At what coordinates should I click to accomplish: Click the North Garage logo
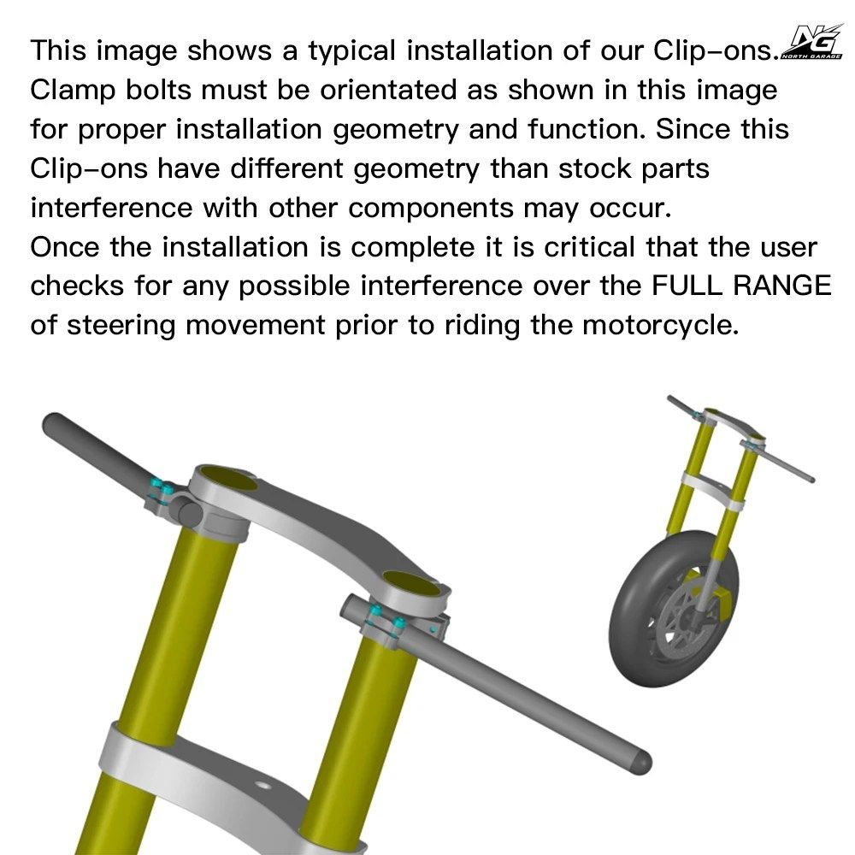(x=812, y=41)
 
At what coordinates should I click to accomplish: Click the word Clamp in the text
(x=73, y=91)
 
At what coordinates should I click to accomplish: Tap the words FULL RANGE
(x=741, y=286)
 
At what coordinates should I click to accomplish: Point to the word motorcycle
(x=660, y=326)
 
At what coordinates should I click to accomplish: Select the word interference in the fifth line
(x=111, y=208)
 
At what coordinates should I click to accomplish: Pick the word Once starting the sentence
(x=65, y=247)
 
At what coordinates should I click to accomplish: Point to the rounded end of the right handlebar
(x=641, y=763)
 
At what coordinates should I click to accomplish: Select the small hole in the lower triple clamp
(x=262, y=786)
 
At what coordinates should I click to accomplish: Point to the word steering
(x=121, y=326)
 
